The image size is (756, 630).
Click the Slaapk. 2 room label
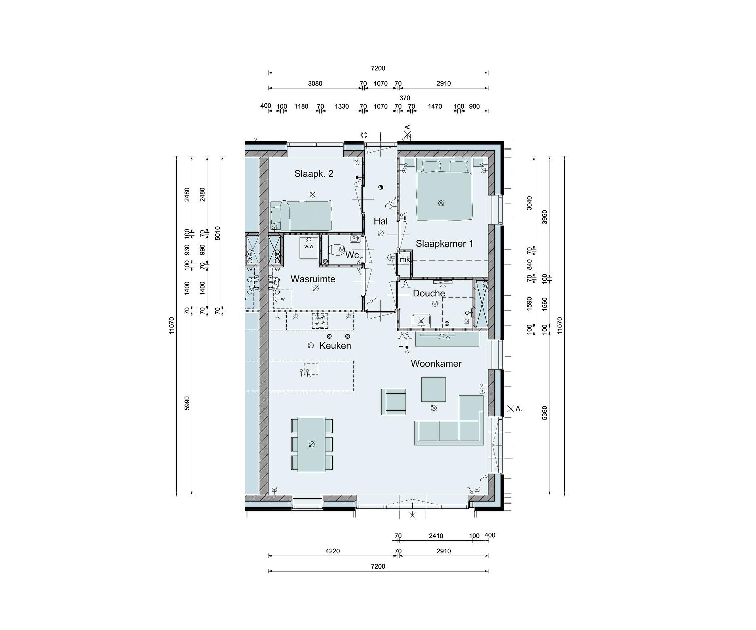click(314, 174)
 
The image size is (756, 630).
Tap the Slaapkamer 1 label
click(444, 244)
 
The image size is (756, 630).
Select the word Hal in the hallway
click(381, 221)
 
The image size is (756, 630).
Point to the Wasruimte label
click(313, 279)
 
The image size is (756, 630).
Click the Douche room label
click(429, 293)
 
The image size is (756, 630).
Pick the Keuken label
click(335, 346)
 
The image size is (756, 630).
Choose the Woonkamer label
click(436, 364)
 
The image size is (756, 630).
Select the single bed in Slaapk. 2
click(301, 216)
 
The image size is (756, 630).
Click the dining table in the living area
click(312, 444)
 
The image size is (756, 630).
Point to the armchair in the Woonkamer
click(393, 402)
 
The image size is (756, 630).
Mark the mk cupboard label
click(405, 259)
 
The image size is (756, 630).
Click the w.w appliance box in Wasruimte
click(309, 247)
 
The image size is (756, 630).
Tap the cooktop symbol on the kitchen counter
click(320, 321)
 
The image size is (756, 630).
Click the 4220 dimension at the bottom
click(332, 551)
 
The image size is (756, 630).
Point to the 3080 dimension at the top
click(315, 83)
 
